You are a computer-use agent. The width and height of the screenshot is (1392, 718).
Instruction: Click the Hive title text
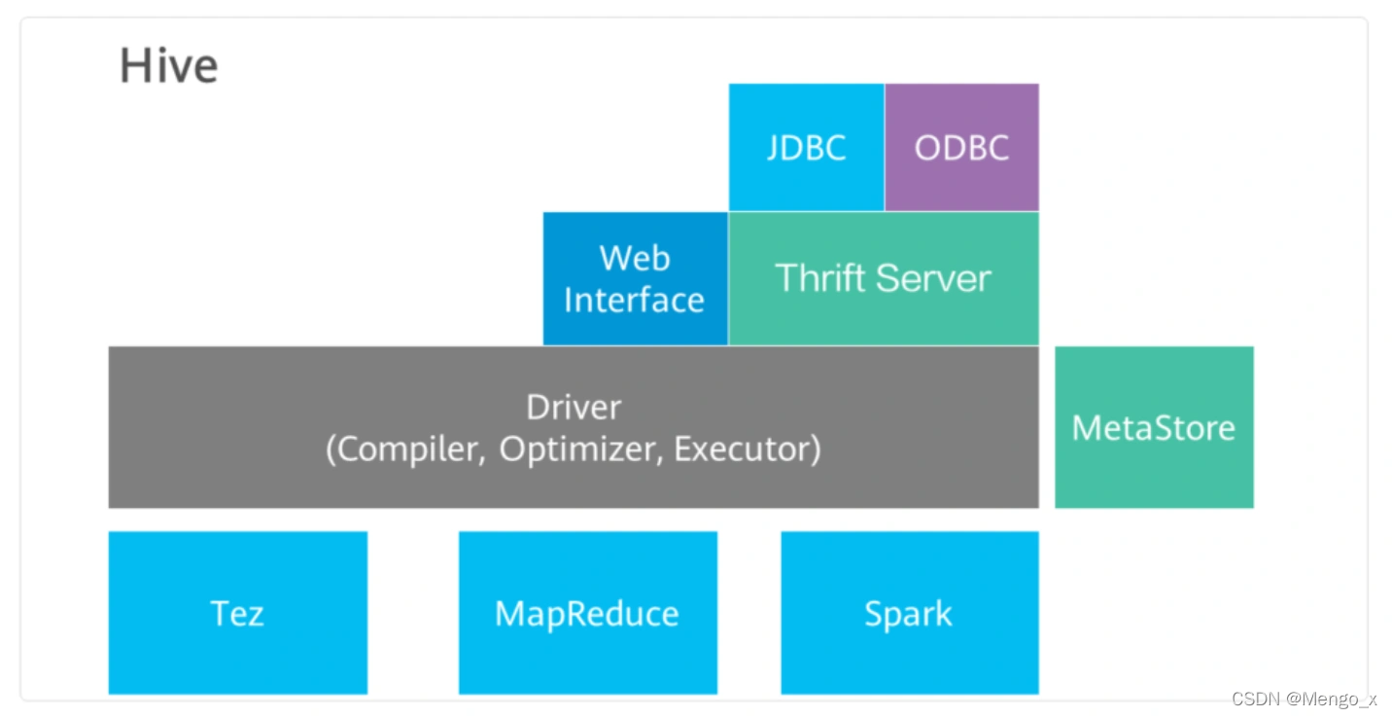pos(168,65)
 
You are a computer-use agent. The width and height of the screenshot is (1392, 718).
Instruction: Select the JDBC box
pos(807,148)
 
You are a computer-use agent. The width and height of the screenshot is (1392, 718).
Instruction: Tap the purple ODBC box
pos(962,148)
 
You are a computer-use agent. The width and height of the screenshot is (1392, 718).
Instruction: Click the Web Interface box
pos(635,279)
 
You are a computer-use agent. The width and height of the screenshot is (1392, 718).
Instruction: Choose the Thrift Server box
pos(884,279)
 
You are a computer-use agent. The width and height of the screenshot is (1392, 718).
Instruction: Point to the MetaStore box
pos(1154,427)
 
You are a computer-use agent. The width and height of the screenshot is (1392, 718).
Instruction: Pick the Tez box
pos(238,613)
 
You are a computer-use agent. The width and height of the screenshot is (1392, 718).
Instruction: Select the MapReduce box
pos(588,613)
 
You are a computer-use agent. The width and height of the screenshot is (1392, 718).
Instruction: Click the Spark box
pos(910,613)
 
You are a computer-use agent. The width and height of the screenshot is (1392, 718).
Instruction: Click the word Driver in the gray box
pos(574,408)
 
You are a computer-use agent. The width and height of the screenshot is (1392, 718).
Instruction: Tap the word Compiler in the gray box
pos(411,449)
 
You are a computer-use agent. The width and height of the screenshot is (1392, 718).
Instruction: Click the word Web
pos(635,258)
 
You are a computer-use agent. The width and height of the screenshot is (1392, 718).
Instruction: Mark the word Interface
pos(635,300)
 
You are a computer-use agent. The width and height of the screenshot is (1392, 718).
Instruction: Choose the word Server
pos(934,278)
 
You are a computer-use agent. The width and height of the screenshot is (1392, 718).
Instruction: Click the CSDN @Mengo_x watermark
pos(1304,699)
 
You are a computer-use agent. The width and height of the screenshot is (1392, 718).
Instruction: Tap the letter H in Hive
pos(134,65)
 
